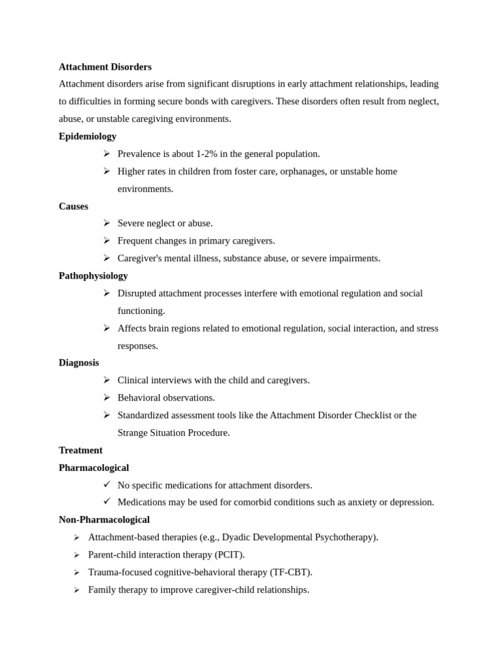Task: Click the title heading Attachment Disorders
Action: [x=105, y=66]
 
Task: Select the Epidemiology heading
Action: [x=87, y=136]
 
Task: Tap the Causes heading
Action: [x=73, y=206]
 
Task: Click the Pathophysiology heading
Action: [x=93, y=276]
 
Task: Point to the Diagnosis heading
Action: [x=79, y=362]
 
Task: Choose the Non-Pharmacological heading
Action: [x=104, y=519]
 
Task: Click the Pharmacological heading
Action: [x=94, y=467]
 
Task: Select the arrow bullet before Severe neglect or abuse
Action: [x=107, y=223]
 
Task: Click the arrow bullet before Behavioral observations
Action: [x=107, y=397]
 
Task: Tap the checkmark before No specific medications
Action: [x=107, y=484]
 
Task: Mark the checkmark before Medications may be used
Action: [x=107, y=502]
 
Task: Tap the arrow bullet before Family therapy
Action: [x=77, y=589]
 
